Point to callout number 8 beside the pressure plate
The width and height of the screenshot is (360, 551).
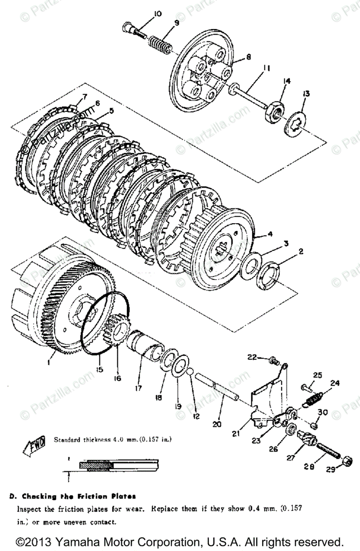pyautogui.click(x=248, y=57)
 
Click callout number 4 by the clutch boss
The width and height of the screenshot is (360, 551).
pyautogui.click(x=270, y=234)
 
